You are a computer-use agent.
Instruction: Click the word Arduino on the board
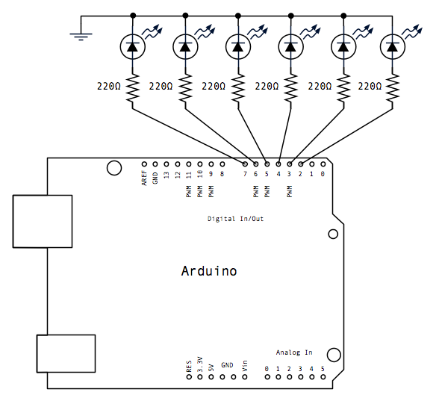pos(209,271)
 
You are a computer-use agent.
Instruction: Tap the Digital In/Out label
pos(235,219)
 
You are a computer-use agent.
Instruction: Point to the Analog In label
pos(294,352)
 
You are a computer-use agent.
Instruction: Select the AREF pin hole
pos(144,164)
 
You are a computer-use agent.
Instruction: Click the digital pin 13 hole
pos(166,164)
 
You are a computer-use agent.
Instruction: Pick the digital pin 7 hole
pos(245,164)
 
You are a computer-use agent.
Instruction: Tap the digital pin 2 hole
pos(301,164)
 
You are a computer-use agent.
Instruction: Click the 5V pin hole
pos(211,377)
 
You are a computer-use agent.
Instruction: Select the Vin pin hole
pos(245,377)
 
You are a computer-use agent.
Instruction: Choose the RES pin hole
pos(189,377)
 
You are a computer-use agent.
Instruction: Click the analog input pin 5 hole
pos(323,377)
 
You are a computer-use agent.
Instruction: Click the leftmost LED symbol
pos(133,47)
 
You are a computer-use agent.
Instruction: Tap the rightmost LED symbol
pos(392,47)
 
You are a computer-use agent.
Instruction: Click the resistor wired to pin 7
pos(133,88)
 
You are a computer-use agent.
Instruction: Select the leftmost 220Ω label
pos(109,86)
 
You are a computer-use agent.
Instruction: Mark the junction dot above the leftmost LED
pos(133,16)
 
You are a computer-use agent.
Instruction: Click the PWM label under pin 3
pos(290,191)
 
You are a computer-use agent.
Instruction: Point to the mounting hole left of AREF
pos(114,168)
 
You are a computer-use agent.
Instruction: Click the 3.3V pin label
pos(200,364)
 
